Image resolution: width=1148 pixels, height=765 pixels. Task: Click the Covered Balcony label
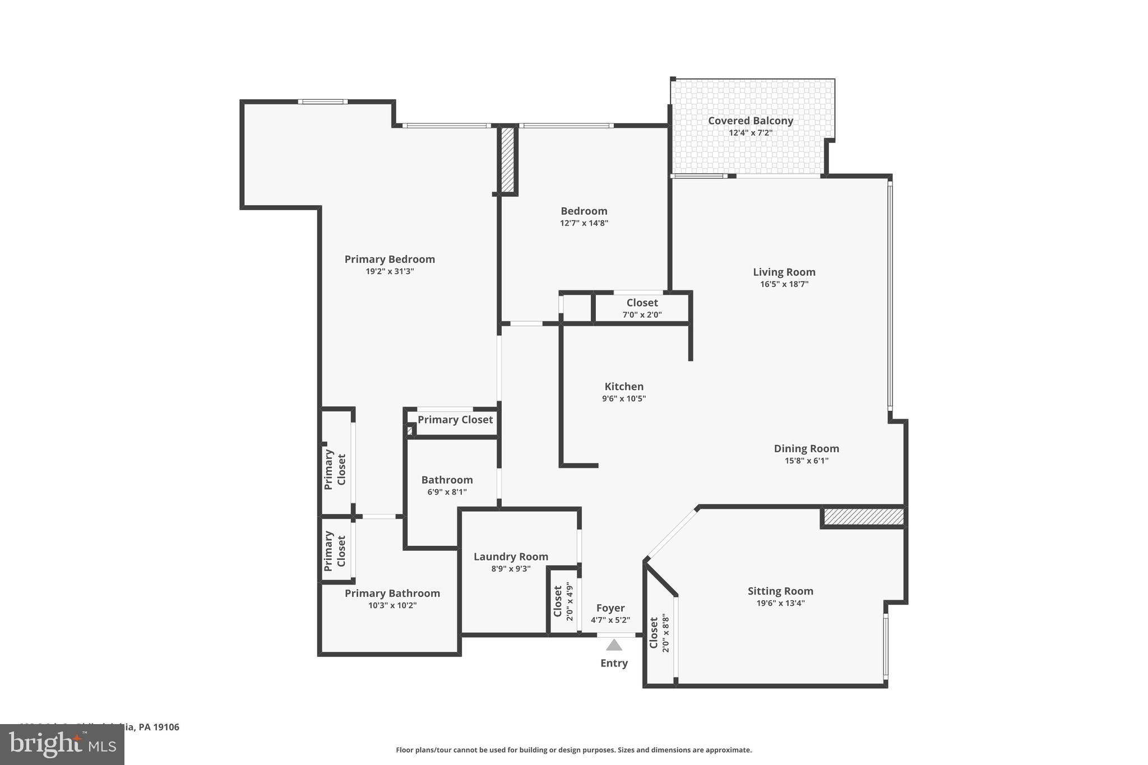tap(750, 120)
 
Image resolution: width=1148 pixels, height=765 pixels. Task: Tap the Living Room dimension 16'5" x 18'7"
tap(784, 284)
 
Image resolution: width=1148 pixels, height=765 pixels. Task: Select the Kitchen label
tap(624, 386)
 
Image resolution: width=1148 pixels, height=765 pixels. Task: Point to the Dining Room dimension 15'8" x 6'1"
tap(806, 461)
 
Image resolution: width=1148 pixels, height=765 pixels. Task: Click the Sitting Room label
tap(780, 591)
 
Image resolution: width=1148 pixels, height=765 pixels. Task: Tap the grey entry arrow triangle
tap(614, 645)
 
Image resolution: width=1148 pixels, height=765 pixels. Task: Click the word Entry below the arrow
tap(614, 663)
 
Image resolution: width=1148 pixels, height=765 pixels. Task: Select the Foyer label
tap(610, 608)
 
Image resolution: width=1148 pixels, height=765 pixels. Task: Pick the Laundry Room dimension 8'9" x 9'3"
tap(510, 568)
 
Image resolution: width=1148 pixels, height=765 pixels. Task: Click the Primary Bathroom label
tap(392, 593)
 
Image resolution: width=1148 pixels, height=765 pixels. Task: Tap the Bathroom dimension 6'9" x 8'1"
tap(447, 492)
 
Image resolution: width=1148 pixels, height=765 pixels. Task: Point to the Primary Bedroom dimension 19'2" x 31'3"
tap(390, 271)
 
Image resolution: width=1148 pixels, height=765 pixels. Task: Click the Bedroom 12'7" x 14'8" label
tap(584, 211)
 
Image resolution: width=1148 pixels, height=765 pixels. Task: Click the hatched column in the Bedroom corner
tap(507, 160)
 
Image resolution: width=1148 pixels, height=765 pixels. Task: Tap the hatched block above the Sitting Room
tap(863, 517)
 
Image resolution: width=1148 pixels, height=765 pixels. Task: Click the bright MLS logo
tap(62, 744)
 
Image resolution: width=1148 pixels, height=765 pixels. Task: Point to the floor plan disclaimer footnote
tap(573, 750)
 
